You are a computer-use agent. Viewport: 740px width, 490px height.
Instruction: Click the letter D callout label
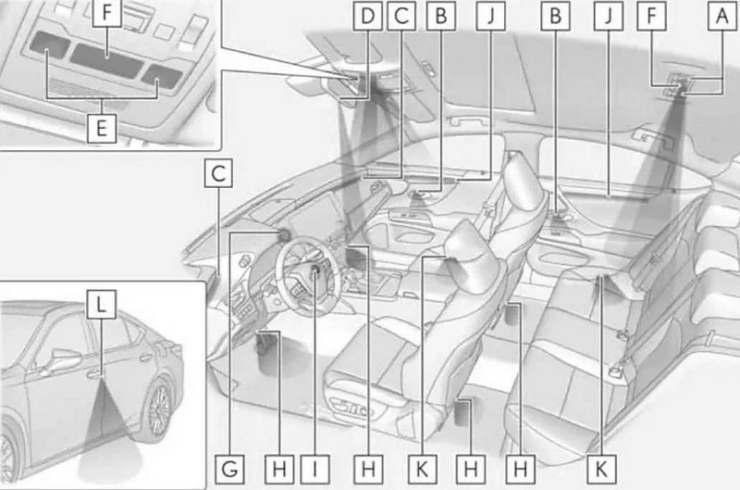(x=367, y=16)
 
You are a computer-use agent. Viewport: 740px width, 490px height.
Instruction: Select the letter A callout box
(x=722, y=16)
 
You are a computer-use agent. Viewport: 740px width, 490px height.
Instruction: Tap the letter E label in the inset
(x=102, y=128)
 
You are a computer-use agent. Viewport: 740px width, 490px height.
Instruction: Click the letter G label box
(x=229, y=470)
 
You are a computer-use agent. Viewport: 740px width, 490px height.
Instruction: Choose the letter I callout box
(x=314, y=470)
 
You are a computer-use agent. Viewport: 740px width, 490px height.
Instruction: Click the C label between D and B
(x=401, y=16)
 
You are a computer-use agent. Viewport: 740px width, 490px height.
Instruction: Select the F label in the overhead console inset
(x=107, y=12)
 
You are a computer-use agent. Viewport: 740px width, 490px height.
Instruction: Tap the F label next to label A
(x=652, y=16)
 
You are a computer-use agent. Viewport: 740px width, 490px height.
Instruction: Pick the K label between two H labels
(x=423, y=470)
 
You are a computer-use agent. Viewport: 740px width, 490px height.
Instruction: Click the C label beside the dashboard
(x=218, y=173)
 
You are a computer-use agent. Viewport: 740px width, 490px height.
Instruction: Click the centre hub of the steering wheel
(x=313, y=272)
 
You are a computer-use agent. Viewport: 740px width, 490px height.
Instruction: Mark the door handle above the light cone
(x=94, y=375)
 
